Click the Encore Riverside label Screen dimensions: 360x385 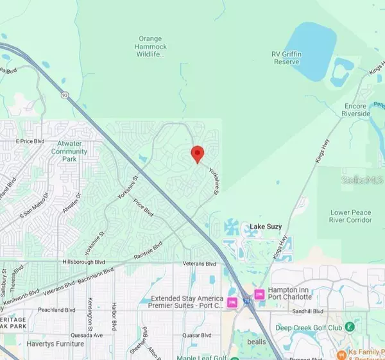click(356, 110)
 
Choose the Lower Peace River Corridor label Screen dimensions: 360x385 click(351, 216)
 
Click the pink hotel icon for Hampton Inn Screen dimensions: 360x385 click(260, 294)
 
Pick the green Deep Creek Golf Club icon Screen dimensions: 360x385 click(350, 327)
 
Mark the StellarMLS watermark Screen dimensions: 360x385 click(363, 182)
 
